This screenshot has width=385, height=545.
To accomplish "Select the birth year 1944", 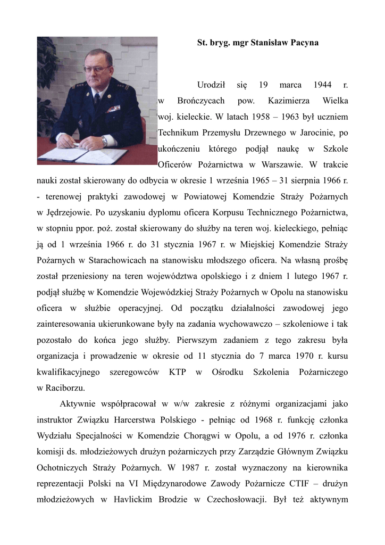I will pos(323,85).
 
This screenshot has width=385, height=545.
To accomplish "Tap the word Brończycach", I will pos(200,100).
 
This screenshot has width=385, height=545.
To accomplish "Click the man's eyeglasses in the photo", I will pos(97,70).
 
